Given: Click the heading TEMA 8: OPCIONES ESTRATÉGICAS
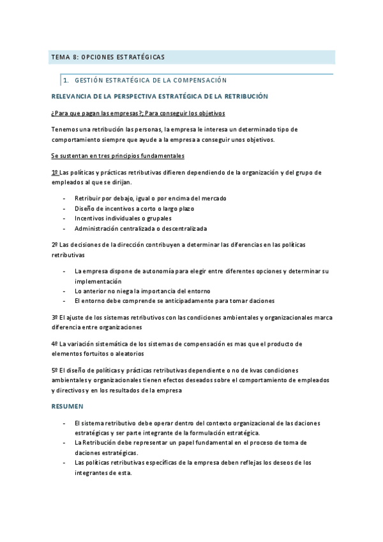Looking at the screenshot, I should (107, 58).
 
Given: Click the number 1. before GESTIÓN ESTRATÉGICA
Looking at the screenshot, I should (66, 81).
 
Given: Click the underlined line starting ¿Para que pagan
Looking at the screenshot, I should (138, 113).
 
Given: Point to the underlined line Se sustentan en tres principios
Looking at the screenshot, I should (117, 156).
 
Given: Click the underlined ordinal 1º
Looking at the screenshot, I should (54, 173).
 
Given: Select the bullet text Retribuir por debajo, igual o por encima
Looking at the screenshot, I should (150, 198).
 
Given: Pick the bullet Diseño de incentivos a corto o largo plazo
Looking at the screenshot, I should (134, 208).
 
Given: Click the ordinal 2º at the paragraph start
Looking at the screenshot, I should (54, 245).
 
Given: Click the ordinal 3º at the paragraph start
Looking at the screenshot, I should (54, 317).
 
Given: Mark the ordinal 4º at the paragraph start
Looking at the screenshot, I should (54, 344).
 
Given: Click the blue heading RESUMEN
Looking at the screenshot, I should (67, 406).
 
